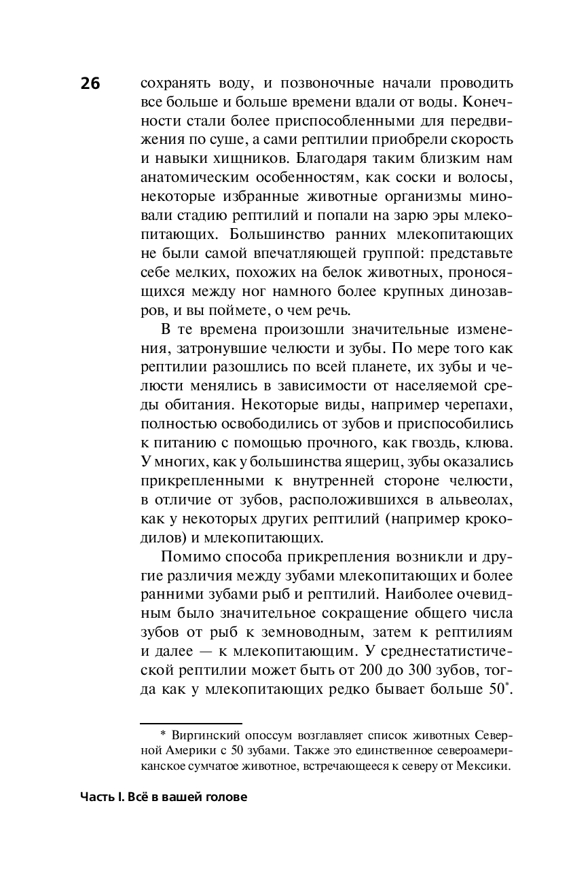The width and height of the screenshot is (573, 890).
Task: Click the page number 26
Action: pos(90,84)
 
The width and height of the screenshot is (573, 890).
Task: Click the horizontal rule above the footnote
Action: pos(191,724)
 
